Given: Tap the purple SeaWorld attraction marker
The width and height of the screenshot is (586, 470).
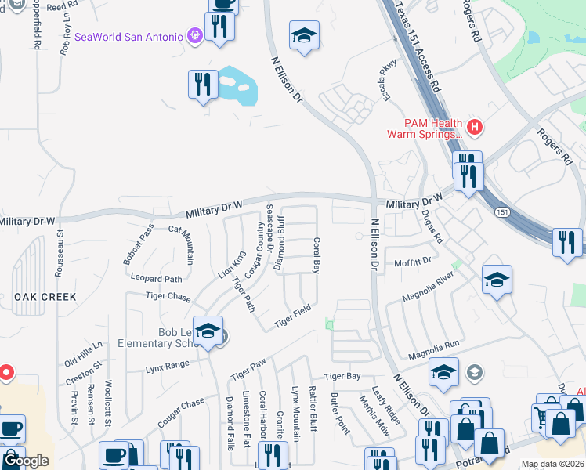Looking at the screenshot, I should (x=195, y=35).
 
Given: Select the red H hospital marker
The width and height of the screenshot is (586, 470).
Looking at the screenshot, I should (x=473, y=127).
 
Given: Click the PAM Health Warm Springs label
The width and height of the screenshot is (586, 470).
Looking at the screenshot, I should (x=423, y=128).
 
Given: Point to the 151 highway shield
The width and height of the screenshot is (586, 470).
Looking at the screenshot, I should (x=501, y=212).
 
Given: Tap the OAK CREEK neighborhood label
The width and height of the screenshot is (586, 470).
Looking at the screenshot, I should (x=45, y=297).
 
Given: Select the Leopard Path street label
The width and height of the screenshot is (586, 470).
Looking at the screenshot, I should (x=157, y=279).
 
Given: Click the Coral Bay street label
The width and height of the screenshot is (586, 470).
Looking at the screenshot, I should (x=317, y=255).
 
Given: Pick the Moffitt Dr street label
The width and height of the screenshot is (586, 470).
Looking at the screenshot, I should (x=413, y=262).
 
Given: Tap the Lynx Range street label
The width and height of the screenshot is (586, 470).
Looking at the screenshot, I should (x=167, y=365).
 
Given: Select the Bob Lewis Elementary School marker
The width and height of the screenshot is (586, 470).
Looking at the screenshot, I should (x=208, y=332).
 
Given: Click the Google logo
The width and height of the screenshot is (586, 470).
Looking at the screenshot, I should (x=26, y=461).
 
